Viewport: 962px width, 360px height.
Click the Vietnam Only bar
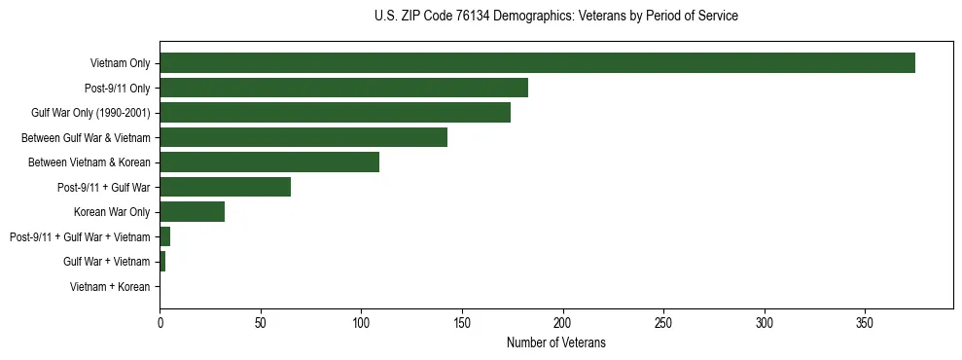point(537,63)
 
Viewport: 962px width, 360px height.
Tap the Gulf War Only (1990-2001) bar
point(335,113)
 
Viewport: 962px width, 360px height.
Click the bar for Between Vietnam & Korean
point(269,162)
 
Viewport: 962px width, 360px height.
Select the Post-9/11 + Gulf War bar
point(225,187)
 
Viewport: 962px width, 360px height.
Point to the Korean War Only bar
point(193,212)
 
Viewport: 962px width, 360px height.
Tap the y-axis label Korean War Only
point(111,212)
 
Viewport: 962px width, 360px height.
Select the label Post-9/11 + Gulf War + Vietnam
point(80,237)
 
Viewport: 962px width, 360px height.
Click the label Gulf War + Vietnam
point(106,262)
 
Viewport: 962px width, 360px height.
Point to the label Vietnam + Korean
point(110,287)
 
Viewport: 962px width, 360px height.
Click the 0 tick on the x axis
point(160,322)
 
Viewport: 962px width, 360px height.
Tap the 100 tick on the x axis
point(361,322)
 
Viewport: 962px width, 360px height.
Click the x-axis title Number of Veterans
point(555,342)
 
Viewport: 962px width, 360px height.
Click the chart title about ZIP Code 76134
point(555,17)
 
